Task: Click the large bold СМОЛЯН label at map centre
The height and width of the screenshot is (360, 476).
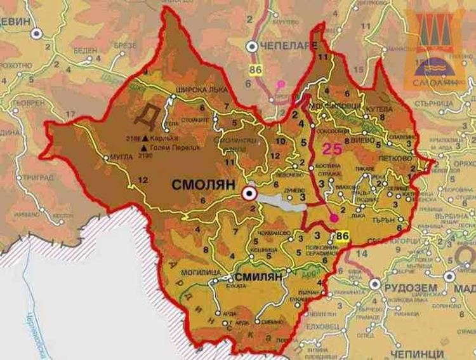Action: pyautogui.click(x=203, y=184)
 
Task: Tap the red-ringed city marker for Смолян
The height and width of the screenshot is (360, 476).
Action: pyautogui.click(x=250, y=194)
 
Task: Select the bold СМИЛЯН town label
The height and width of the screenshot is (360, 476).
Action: pyautogui.click(x=258, y=277)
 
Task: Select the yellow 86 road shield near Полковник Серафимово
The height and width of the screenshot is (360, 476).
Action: pyautogui.click(x=343, y=236)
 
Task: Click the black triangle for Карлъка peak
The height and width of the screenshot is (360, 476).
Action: pyautogui.click(x=146, y=138)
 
